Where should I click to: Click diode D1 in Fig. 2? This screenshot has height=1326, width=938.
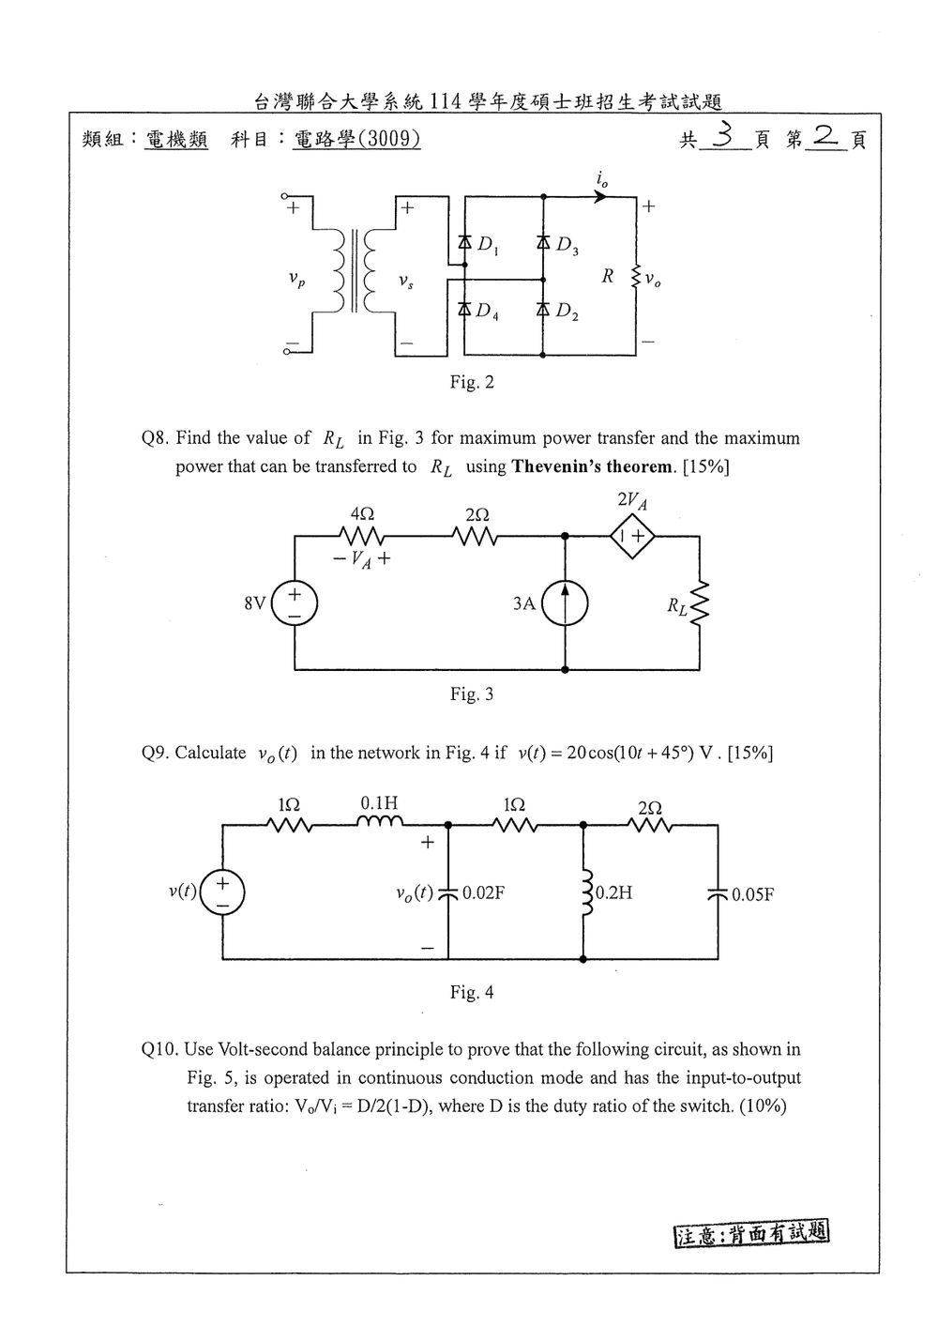(x=464, y=241)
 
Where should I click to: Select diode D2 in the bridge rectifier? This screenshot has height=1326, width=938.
(x=543, y=309)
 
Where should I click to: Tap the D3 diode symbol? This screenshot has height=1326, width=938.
(x=543, y=241)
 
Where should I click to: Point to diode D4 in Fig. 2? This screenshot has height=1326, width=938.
(x=464, y=309)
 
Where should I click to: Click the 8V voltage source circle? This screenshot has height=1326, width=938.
(x=295, y=603)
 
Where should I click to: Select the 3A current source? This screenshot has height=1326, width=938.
(x=566, y=603)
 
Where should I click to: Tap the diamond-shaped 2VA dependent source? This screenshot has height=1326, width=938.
(x=632, y=537)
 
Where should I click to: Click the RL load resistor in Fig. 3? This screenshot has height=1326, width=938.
(x=699, y=603)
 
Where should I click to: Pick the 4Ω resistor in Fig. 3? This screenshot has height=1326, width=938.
(x=361, y=537)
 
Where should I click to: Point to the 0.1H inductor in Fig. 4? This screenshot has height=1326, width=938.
(x=380, y=820)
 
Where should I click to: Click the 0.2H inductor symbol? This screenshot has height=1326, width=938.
(x=586, y=892)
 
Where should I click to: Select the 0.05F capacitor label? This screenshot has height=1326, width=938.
(x=753, y=894)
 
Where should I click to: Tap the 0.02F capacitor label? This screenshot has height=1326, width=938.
(x=483, y=892)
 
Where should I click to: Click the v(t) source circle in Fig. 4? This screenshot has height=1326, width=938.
(x=222, y=892)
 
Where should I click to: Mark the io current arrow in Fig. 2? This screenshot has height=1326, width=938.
(x=600, y=196)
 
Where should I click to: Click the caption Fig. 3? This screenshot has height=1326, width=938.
(x=472, y=693)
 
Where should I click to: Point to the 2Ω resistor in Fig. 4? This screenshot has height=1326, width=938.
(x=650, y=825)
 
